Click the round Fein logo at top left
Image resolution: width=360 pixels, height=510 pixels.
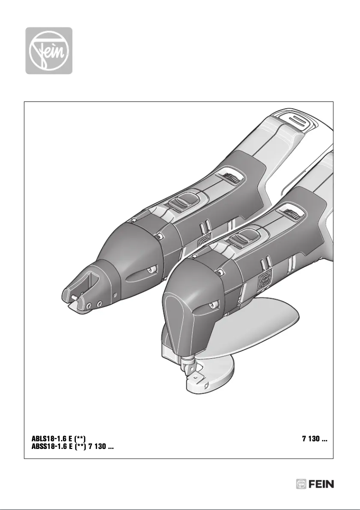(49, 50)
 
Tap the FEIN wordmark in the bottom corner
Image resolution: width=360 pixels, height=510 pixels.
(321, 484)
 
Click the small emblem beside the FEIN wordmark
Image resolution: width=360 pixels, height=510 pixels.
(302, 484)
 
